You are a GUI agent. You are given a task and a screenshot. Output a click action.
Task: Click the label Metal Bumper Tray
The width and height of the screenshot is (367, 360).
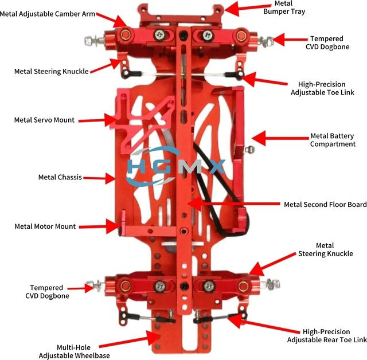pos(284,7)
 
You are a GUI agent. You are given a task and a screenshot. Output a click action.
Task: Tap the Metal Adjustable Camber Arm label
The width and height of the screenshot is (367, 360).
pos(48,14)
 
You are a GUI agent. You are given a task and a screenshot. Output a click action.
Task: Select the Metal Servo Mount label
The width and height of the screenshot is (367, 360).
pos(44,120)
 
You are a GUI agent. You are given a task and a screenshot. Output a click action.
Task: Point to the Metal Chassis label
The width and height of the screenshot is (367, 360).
pos(60,177)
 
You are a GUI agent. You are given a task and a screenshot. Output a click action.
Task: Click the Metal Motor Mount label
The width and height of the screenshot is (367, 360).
pos(45,226)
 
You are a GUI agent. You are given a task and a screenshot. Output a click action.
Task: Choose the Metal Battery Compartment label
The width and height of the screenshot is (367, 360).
pos(333,140)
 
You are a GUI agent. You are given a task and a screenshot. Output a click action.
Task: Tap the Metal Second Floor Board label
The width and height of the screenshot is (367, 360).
pos(325,205)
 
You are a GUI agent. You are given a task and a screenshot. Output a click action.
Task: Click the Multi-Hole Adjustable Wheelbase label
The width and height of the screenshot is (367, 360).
pos(74,351)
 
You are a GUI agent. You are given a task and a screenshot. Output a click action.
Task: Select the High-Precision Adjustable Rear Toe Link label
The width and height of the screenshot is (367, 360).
pos(327,336)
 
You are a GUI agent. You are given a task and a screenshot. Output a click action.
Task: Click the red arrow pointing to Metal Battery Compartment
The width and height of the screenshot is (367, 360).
pos(280,138)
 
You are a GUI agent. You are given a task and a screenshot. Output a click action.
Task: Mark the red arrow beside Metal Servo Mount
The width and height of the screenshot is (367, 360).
pos(97,120)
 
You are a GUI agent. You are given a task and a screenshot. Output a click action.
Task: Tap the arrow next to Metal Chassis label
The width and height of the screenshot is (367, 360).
pos(99,178)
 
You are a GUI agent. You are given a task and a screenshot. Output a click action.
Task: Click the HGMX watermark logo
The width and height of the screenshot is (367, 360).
pos(175,166)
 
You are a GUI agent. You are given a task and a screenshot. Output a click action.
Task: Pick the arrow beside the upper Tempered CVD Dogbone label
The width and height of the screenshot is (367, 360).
pos(290,40)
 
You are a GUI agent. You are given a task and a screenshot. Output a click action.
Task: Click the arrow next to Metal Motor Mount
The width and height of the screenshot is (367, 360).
pos(99,226)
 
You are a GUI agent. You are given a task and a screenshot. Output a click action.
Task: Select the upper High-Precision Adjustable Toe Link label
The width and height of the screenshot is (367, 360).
pos(322,88)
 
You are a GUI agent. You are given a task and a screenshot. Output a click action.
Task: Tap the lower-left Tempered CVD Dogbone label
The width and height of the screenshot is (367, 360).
pos(47,292)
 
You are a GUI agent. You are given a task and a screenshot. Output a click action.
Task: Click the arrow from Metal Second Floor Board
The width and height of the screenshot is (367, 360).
pos(233,204)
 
